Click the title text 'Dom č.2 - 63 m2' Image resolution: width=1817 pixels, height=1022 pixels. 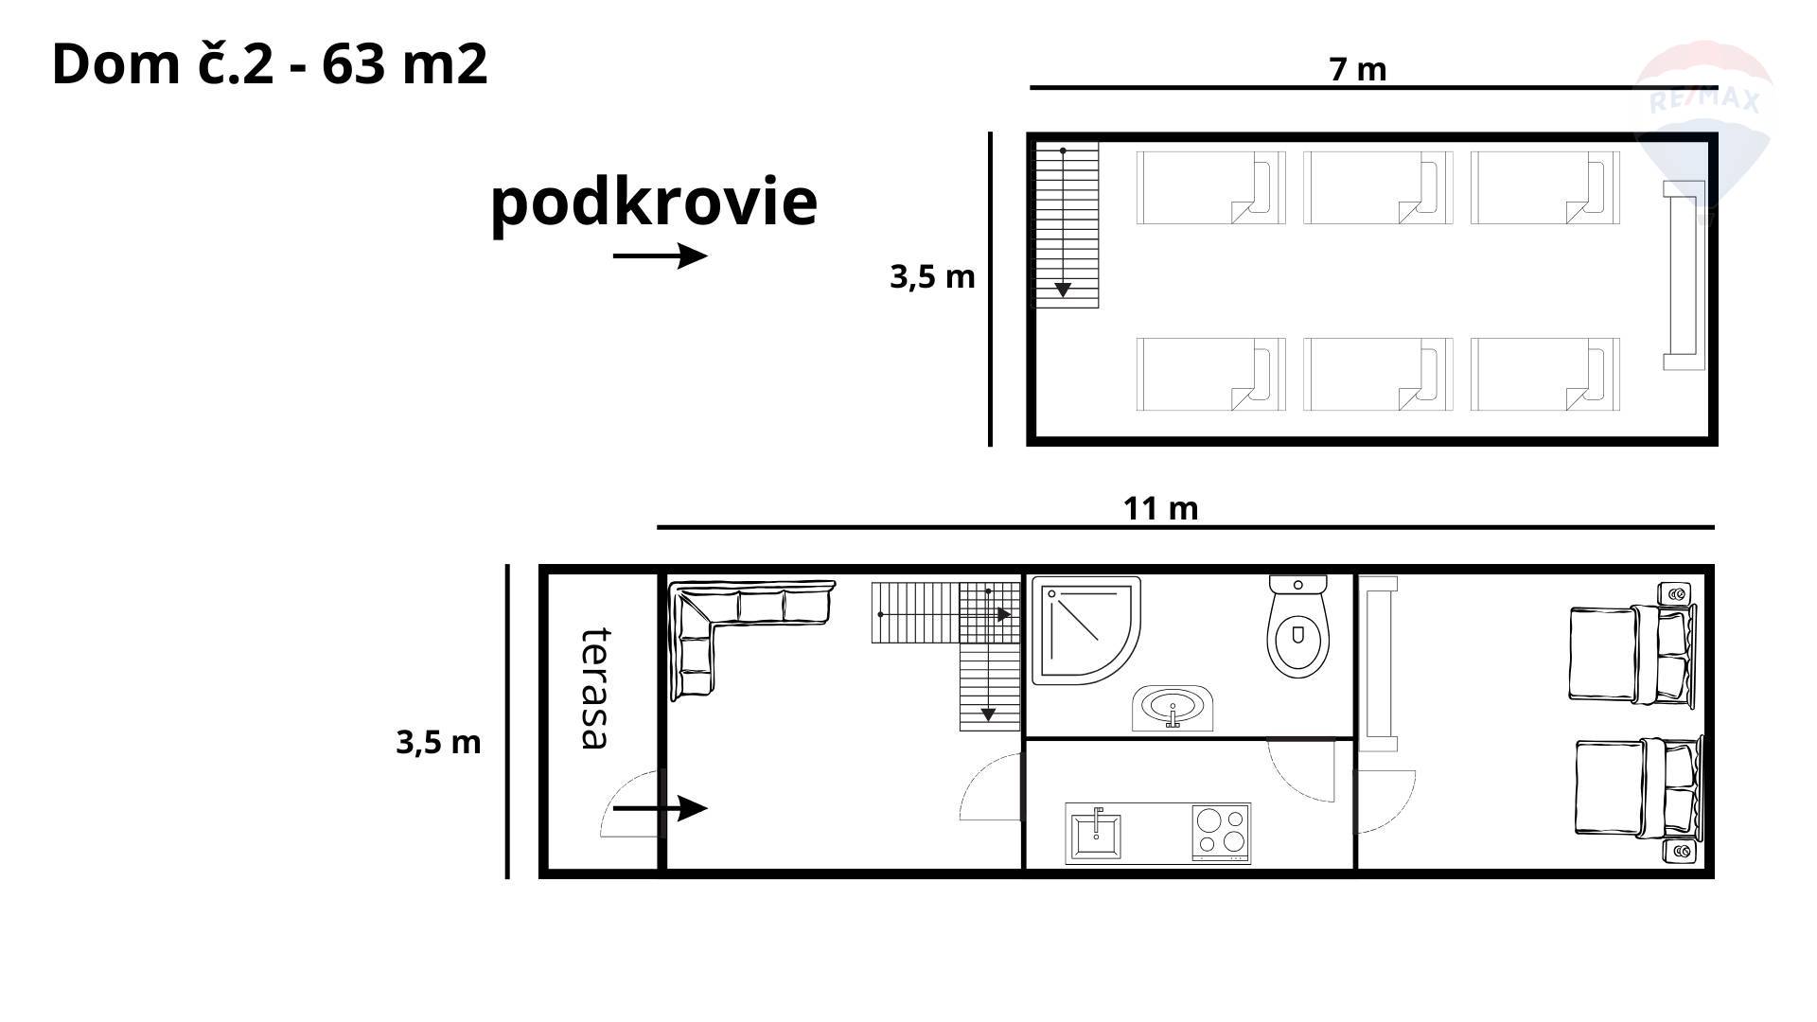270,64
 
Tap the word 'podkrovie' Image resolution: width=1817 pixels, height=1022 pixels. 654,203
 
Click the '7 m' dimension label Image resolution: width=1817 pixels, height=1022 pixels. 1358,69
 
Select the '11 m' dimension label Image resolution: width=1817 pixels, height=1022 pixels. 1160,508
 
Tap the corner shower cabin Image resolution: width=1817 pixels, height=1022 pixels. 1085,630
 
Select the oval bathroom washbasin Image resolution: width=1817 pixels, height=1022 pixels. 1173,708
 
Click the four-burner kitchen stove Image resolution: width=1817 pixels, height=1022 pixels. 1221,832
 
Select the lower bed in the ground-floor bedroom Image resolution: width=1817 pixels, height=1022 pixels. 1638,787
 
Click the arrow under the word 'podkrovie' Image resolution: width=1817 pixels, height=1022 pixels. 661,255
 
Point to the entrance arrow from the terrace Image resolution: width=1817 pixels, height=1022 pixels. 661,808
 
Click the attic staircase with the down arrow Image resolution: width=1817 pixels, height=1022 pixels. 1065,224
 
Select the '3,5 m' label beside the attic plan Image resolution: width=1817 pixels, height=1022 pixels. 932,276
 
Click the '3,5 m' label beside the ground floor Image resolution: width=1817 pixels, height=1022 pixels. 438,742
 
